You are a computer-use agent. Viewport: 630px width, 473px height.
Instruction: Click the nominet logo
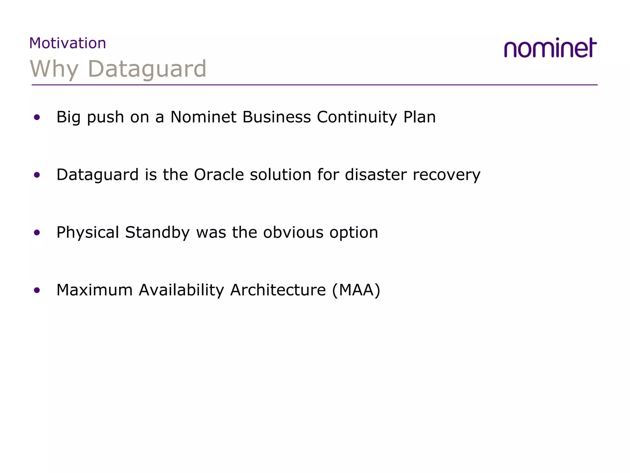click(x=550, y=48)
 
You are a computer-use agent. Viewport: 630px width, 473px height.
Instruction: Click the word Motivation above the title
click(x=68, y=43)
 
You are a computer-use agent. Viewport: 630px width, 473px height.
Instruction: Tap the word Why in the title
click(x=54, y=69)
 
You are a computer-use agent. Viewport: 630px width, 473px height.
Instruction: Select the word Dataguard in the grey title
click(x=147, y=69)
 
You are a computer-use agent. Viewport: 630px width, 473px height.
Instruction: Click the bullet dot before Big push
click(x=37, y=117)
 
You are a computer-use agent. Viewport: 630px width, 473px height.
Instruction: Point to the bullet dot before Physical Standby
click(x=37, y=232)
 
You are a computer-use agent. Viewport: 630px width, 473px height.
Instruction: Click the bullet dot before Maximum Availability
click(x=37, y=290)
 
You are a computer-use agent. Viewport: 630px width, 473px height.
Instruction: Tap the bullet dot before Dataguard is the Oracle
click(x=37, y=175)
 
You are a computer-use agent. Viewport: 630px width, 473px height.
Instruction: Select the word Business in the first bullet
click(x=277, y=117)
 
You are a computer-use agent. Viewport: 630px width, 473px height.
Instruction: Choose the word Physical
click(x=88, y=232)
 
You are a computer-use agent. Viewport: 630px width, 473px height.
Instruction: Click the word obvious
click(x=293, y=232)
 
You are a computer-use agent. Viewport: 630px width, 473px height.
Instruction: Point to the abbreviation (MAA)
click(x=356, y=290)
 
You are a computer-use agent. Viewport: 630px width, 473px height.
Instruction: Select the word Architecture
click(x=278, y=290)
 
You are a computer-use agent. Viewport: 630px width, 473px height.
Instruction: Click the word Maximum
click(x=94, y=290)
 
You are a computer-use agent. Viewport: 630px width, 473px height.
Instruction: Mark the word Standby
click(x=157, y=232)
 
